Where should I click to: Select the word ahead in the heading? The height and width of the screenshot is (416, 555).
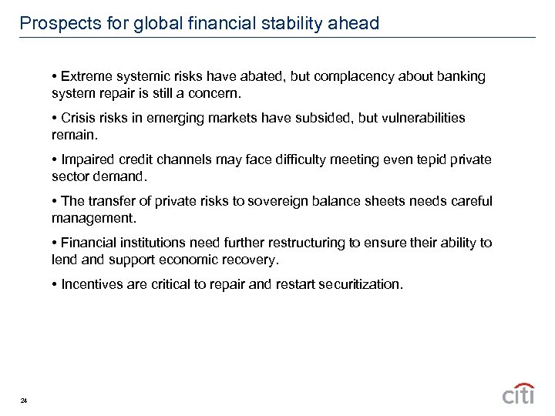point(354,24)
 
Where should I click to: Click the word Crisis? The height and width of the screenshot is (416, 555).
point(79,118)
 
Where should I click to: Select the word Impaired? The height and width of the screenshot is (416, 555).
point(87,159)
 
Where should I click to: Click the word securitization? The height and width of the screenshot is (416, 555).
point(360,284)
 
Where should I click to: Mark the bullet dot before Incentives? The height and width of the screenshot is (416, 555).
point(55,284)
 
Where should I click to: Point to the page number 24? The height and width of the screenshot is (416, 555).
point(24,400)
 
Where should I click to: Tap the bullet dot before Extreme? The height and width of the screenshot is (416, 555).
point(55,77)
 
